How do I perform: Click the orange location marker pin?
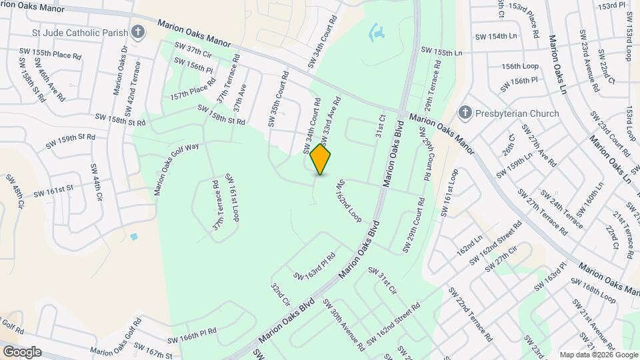point(321,159)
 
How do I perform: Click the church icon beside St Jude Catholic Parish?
point(138,31)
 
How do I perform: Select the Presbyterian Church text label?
point(517,113)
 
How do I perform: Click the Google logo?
point(22,351)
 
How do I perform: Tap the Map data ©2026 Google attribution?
point(598,355)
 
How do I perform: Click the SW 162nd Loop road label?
point(348,200)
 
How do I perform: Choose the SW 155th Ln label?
point(441,52)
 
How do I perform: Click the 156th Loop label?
point(520,67)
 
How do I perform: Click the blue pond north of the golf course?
point(376,31)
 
